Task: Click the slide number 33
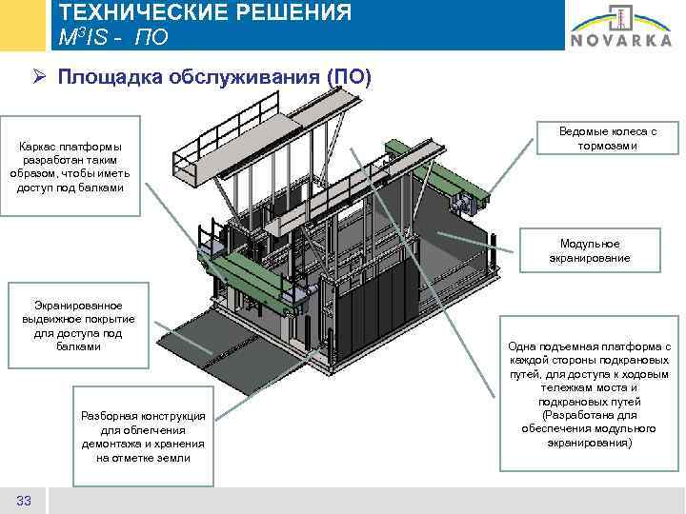pos(25,501)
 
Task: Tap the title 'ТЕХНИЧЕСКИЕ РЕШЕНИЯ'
pos(205,13)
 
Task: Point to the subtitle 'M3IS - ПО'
pos(113,37)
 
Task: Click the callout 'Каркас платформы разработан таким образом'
pos(76,167)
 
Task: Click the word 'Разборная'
pos(110,416)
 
